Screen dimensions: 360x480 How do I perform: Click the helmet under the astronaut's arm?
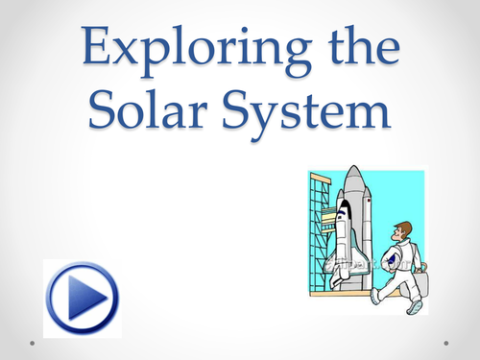[x=396, y=264]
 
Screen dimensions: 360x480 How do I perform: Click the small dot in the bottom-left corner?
[x=31, y=341]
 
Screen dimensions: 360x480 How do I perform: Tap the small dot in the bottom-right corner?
[x=450, y=341]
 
